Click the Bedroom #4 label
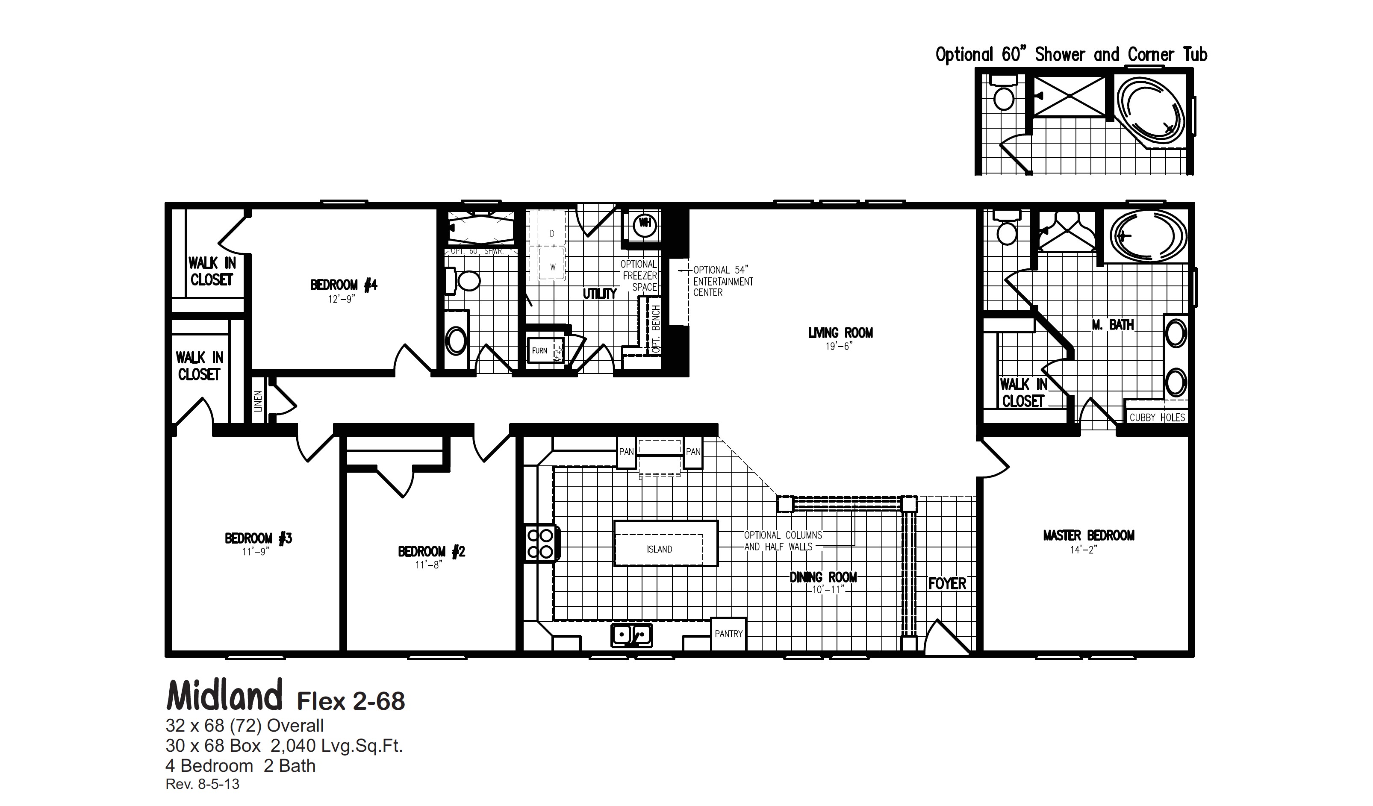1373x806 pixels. point(343,285)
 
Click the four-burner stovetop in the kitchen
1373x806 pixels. point(540,544)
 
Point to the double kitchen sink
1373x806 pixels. point(631,635)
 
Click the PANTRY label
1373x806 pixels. point(728,634)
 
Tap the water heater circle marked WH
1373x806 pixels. point(645,223)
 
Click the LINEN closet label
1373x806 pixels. point(258,401)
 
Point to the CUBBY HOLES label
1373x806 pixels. point(1157,418)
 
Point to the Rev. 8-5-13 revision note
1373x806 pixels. point(202,784)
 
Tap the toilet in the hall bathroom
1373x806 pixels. point(466,281)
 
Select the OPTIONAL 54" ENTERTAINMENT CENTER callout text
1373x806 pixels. point(722,281)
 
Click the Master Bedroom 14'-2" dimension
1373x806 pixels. point(1083,550)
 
